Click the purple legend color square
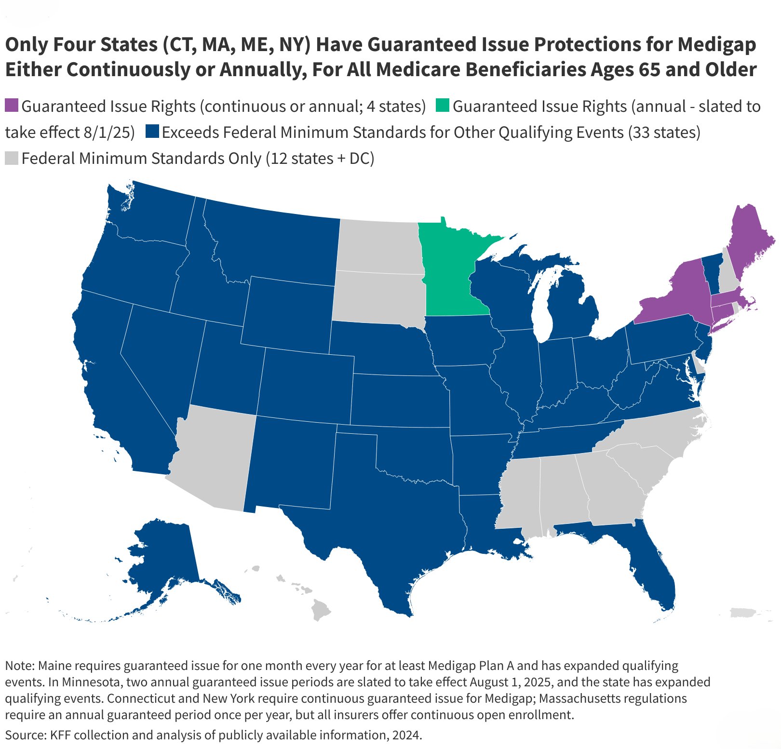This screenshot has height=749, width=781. point(12,106)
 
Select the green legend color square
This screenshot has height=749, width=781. point(442,106)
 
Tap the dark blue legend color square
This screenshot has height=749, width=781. point(152,132)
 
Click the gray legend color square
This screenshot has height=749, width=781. point(12,158)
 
